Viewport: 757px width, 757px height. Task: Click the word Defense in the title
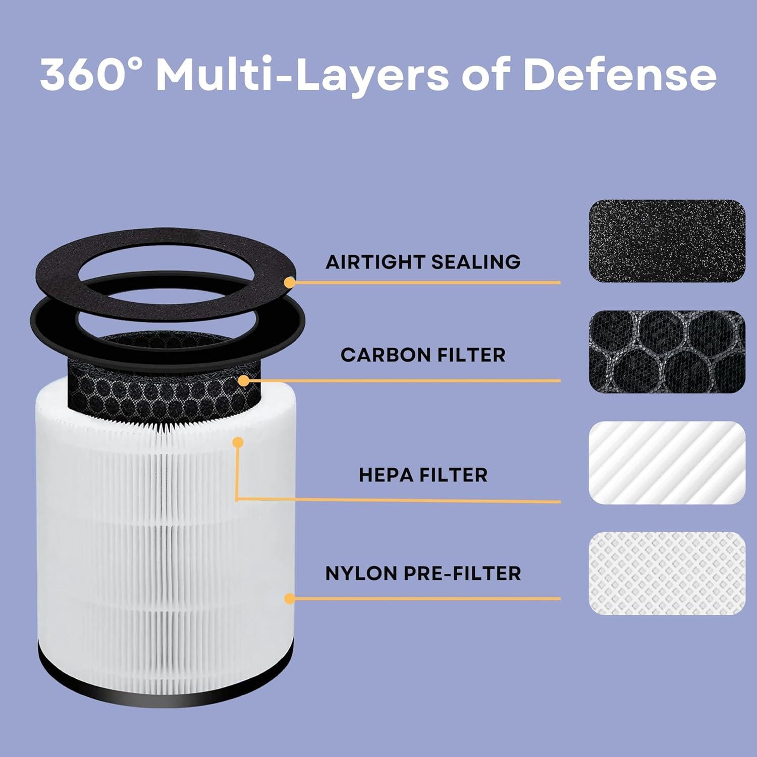[x=619, y=75]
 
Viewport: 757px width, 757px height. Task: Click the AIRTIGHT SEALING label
[x=423, y=262]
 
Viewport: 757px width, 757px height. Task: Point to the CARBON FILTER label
[x=423, y=355]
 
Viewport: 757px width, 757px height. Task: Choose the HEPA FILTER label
[x=423, y=475]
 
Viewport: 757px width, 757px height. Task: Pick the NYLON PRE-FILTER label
[x=423, y=573]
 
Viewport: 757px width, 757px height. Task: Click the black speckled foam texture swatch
[x=667, y=241]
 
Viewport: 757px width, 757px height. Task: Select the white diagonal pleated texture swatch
[x=667, y=462]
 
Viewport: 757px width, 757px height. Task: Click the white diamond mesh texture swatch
[x=667, y=573]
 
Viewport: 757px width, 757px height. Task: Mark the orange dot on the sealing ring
[x=290, y=283]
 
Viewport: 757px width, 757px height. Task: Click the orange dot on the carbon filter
[x=244, y=381]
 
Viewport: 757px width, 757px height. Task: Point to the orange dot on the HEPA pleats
[x=238, y=443]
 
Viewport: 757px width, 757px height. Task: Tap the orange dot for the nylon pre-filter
[x=290, y=599]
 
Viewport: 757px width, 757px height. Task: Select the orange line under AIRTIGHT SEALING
[x=429, y=283]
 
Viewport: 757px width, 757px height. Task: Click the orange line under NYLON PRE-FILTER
[x=429, y=599]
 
